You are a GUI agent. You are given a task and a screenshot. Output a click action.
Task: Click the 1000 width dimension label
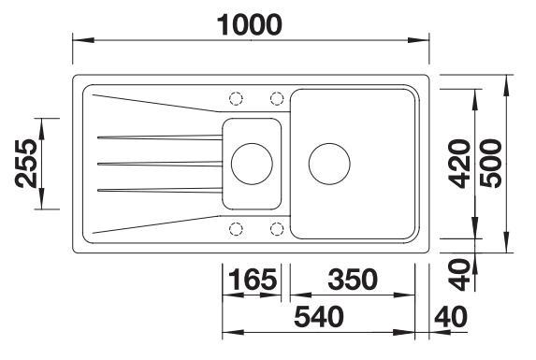pos(250,25)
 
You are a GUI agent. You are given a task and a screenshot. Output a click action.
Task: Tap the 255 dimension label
pos(26,164)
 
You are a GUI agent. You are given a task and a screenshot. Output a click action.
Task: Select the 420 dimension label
pos(459,164)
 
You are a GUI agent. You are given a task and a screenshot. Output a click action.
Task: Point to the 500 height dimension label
pos(491,164)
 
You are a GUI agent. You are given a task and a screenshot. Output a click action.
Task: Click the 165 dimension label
pos(253,279)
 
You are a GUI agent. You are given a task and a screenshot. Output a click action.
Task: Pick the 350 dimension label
pos(353,279)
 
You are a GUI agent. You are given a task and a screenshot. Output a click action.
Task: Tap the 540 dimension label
pos(319,317)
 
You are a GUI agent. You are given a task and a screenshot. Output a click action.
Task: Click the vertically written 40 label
pos(459,275)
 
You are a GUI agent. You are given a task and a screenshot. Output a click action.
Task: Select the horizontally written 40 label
pos(451,317)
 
